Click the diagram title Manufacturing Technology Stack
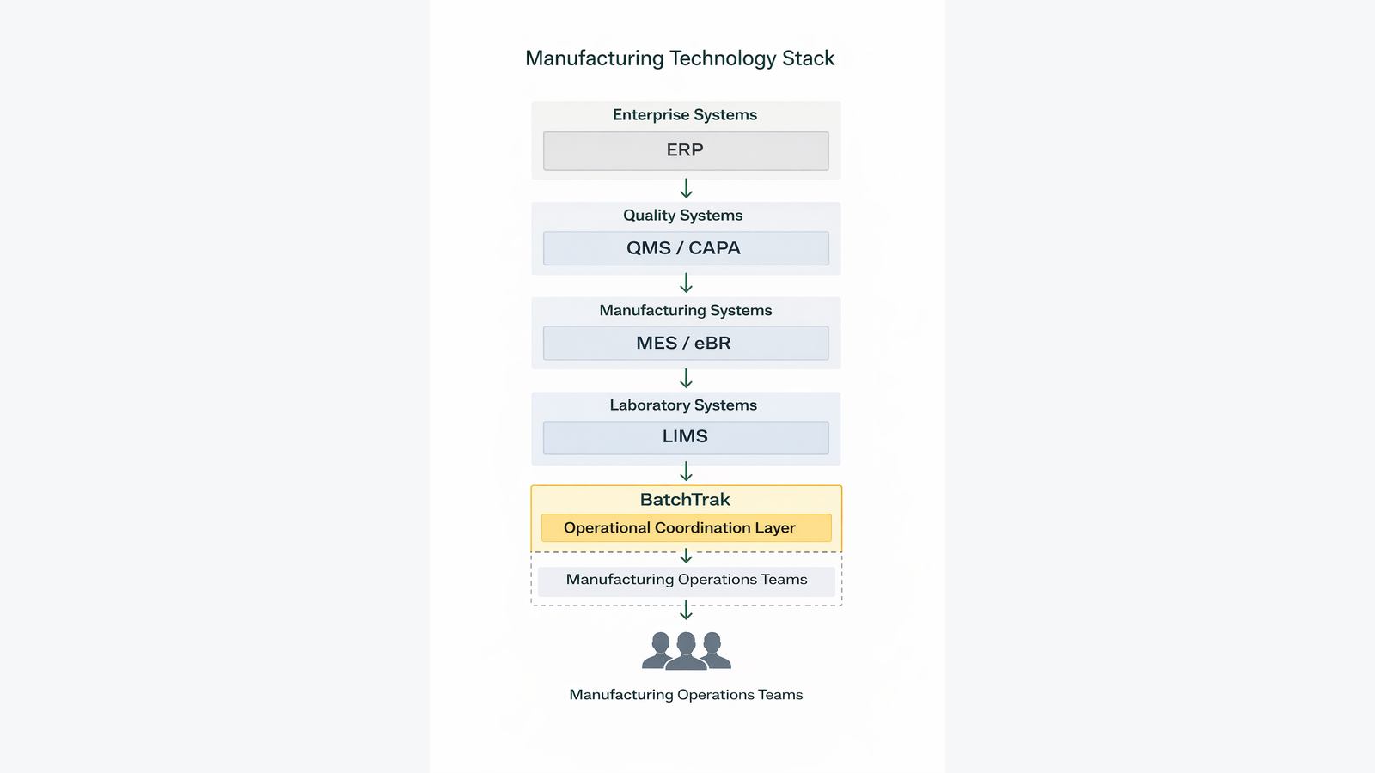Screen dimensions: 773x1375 [x=680, y=58]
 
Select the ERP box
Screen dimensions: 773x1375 [x=686, y=151]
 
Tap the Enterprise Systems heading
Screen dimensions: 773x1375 [x=685, y=115]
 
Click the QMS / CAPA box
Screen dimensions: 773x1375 [x=686, y=248]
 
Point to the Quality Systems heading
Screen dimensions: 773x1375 [x=683, y=216]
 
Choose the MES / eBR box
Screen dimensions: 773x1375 [x=686, y=344]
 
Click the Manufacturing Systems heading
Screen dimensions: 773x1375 [x=686, y=311]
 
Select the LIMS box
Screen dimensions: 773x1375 [x=686, y=437]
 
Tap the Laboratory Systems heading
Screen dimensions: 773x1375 [x=683, y=405]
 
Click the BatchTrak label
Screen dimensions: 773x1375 [x=685, y=500]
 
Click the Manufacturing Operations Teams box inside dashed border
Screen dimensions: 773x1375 [x=686, y=581]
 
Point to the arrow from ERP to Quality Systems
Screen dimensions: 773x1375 [x=686, y=189]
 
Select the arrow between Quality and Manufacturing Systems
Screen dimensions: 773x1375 [x=686, y=283]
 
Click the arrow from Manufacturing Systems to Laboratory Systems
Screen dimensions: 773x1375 [x=686, y=379]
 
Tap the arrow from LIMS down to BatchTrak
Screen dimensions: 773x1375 [x=686, y=472]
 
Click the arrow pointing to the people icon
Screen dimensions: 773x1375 [x=686, y=611]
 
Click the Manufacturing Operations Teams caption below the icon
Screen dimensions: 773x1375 [x=686, y=695]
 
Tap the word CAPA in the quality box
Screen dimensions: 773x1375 [x=714, y=248]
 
